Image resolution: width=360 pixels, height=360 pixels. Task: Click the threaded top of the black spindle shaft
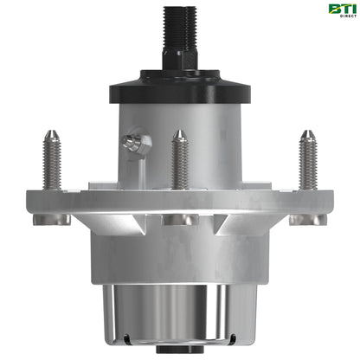pyautogui.click(x=179, y=22)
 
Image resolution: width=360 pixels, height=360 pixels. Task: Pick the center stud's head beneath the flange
pyautogui.click(x=179, y=220)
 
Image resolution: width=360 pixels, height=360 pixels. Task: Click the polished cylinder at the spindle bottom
pyautogui.click(x=179, y=312)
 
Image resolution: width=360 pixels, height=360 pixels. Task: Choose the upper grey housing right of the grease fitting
pyautogui.click(x=216, y=130)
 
